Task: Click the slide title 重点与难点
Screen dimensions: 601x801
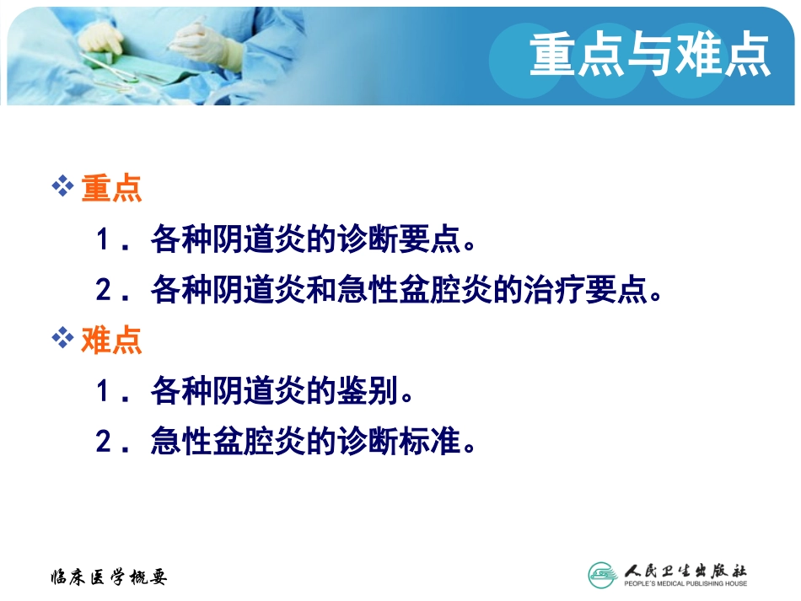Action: click(x=650, y=55)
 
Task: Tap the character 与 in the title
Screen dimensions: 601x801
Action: click(x=650, y=55)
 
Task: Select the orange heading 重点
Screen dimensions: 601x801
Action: click(x=111, y=190)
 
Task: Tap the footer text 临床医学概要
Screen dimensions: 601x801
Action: click(x=109, y=577)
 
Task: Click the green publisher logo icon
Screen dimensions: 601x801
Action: click(x=603, y=574)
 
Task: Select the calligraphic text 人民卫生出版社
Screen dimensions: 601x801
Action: click(x=685, y=568)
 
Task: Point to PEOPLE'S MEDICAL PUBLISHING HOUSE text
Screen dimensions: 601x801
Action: click(x=685, y=583)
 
